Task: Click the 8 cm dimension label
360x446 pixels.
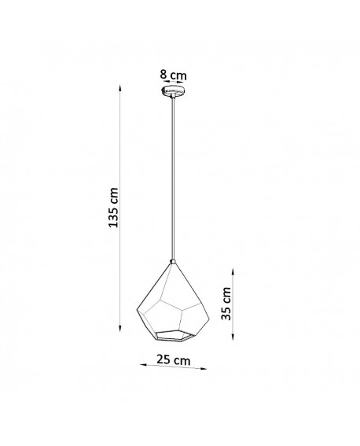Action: [174, 75]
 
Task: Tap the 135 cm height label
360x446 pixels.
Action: [114, 206]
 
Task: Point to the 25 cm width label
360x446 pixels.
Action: [173, 360]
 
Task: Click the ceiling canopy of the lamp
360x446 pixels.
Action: [174, 92]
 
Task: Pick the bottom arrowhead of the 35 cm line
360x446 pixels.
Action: [233, 337]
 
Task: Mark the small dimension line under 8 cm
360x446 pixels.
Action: [174, 83]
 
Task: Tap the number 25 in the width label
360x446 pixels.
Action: [164, 359]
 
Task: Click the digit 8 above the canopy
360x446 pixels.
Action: [163, 75]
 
